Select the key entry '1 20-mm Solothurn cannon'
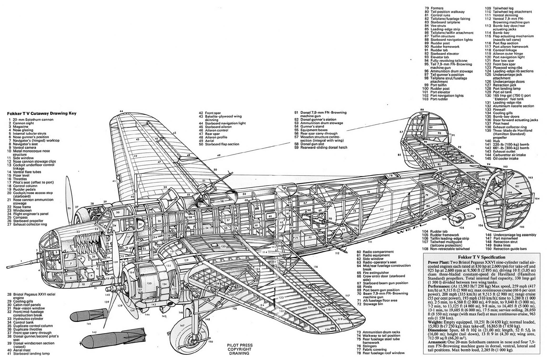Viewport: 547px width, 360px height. [30, 120]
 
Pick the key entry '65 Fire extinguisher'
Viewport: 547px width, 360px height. [373, 272]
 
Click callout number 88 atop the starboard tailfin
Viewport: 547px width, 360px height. [422, 110]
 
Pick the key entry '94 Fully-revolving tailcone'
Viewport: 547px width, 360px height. [448, 61]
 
